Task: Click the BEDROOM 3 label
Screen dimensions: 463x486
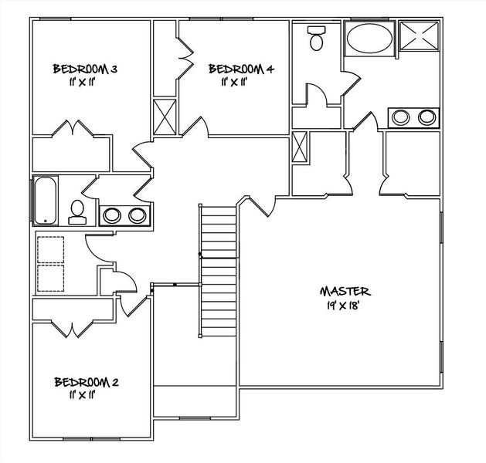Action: pyautogui.click(x=85, y=69)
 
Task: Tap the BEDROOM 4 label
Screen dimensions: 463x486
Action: pyautogui.click(x=241, y=69)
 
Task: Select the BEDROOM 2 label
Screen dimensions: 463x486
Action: pyautogui.click(x=85, y=382)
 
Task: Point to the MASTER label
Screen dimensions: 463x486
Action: pyautogui.click(x=345, y=291)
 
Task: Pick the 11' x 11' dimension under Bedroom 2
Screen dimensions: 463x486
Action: pyautogui.click(x=81, y=395)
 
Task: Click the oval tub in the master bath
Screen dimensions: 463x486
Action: pyautogui.click(x=368, y=38)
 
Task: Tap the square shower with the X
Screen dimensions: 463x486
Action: pyautogui.click(x=418, y=37)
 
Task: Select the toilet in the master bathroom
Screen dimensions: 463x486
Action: pyautogui.click(x=317, y=38)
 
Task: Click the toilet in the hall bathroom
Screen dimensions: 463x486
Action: pyautogui.click(x=77, y=211)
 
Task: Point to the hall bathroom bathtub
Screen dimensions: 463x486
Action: pyautogui.click(x=44, y=200)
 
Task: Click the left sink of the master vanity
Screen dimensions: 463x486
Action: pyautogui.click(x=401, y=117)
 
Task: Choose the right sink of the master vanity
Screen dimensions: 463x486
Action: pyautogui.click(x=427, y=117)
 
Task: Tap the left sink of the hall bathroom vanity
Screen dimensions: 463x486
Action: pyautogui.click(x=112, y=215)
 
